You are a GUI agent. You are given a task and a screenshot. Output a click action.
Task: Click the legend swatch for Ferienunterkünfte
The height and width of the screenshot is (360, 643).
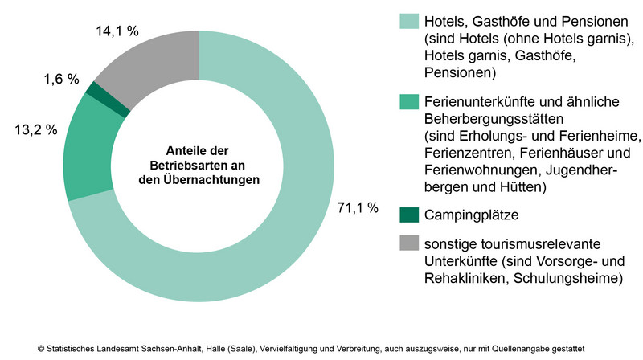(408, 102)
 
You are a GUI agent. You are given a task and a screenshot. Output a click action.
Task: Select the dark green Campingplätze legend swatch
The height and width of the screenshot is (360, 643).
(408, 215)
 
